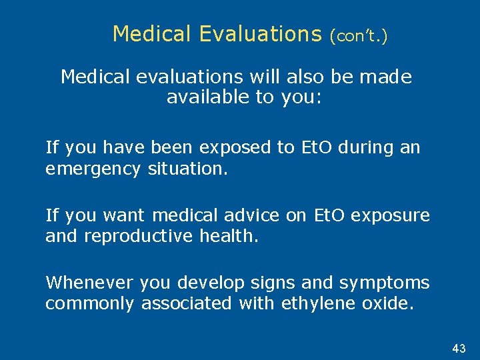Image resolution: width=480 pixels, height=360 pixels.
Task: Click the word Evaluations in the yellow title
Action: (x=260, y=33)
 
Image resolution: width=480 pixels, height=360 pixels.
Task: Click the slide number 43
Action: (x=459, y=349)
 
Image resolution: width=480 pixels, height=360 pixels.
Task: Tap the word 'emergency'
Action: (x=91, y=169)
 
